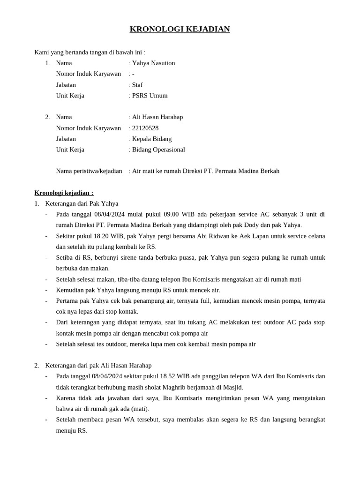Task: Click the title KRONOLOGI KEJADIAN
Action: (x=180, y=29)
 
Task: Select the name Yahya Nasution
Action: (x=153, y=63)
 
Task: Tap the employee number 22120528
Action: (x=145, y=128)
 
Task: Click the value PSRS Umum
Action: (x=150, y=95)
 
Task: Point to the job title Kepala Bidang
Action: (x=152, y=139)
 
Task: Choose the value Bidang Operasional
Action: (x=158, y=150)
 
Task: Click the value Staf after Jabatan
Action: (x=137, y=85)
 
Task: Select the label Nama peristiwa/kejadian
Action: (x=89, y=171)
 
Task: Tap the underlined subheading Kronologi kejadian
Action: (x=64, y=193)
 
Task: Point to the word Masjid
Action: (x=232, y=387)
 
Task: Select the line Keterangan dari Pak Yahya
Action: (x=82, y=203)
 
